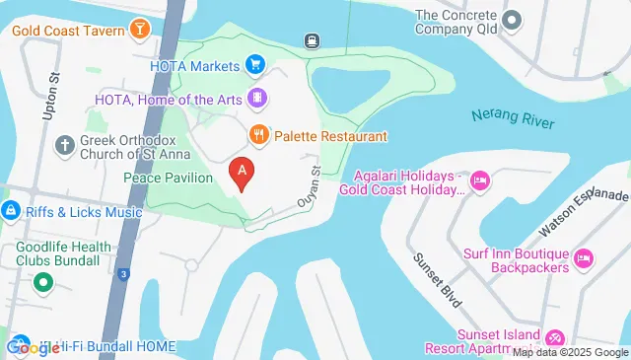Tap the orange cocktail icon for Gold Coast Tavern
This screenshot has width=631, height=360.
point(141,29)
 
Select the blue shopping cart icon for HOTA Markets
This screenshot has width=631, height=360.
point(254,66)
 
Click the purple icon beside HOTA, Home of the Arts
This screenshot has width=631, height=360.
point(257,98)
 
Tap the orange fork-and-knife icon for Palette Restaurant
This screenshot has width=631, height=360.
point(258,134)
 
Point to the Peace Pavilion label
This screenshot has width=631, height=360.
point(168,178)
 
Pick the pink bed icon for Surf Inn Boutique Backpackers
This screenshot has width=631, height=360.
point(583,258)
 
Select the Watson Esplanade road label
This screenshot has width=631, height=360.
point(583,213)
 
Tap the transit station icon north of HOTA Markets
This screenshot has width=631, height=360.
point(311,40)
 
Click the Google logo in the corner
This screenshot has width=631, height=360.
point(33,347)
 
